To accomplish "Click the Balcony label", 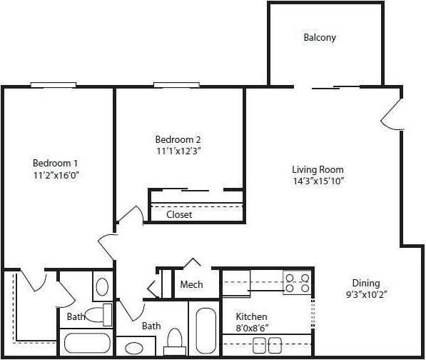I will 319,37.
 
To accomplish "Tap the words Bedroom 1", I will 54,162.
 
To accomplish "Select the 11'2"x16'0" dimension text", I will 54,174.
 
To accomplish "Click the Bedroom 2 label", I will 178,139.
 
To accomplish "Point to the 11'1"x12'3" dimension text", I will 178,151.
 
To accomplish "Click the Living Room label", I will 318,169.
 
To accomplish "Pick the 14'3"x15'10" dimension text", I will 318,181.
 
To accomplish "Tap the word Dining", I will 366,283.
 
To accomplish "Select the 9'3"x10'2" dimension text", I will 366,294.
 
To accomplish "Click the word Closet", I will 179,214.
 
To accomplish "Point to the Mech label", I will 191,284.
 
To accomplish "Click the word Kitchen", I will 251,316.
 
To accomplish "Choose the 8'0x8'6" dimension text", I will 251,328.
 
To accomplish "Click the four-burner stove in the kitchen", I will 297,283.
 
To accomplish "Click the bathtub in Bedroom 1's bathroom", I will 86,344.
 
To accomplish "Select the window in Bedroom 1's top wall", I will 54,85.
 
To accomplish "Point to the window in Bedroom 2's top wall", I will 176,85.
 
